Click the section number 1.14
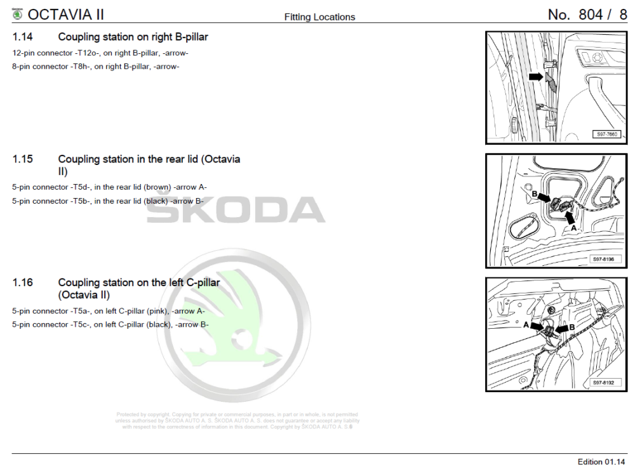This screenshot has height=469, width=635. pos(23,37)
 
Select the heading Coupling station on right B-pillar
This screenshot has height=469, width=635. pos(133,37)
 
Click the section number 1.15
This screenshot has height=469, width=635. pos(23,159)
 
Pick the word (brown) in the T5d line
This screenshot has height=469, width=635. pos(157,187)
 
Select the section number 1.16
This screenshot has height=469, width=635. pos(23,282)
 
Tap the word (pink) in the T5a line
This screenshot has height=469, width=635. pos(157,311)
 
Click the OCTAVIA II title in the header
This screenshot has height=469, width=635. pos(66,14)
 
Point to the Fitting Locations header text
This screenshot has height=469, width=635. pos(319,17)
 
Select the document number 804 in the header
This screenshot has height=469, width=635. pos(590,15)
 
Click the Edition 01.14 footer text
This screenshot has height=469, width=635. pos(601,461)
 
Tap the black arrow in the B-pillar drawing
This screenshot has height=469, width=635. pos(537,77)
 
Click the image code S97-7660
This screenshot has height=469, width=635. pos(607,135)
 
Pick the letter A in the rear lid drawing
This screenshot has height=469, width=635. pos(573,227)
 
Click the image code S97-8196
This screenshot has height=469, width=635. pos(606,259)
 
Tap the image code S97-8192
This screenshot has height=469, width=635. pos(606,383)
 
